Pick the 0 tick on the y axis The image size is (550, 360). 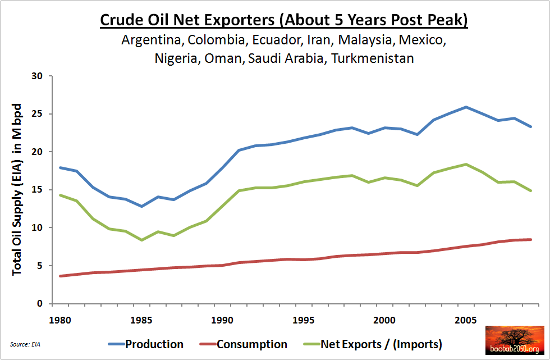click(45, 304)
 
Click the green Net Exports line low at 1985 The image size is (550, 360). click(142, 240)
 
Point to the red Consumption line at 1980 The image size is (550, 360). click(61, 276)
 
